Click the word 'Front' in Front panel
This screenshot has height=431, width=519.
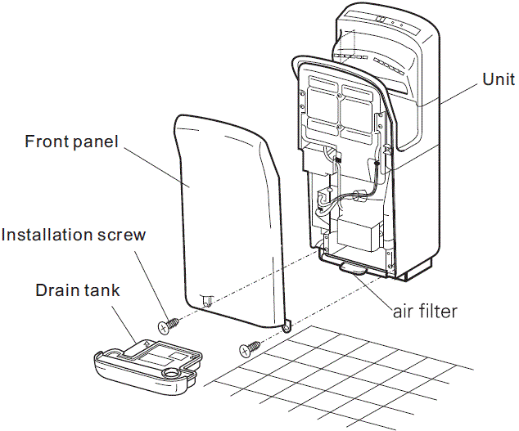click(x=48, y=141)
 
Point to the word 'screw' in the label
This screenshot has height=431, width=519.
click(x=123, y=236)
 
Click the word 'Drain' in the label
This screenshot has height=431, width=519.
click(x=56, y=290)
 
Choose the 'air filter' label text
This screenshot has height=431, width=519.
click(x=422, y=310)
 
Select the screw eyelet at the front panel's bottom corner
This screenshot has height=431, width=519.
click(x=287, y=328)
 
